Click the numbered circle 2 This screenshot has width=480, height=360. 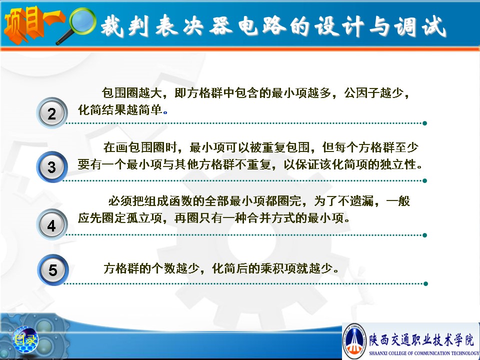(51, 113)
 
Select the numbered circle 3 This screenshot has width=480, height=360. (51, 167)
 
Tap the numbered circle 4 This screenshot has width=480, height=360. (51, 224)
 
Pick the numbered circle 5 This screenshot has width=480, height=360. (52, 269)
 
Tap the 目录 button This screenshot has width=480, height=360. (25, 339)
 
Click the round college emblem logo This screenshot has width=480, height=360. (354, 341)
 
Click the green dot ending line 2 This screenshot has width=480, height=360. (424, 123)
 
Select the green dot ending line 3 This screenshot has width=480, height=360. (424, 180)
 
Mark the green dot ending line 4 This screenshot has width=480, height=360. (424, 235)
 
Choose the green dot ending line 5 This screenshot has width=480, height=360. (425, 284)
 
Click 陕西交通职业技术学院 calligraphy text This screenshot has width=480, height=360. (421, 340)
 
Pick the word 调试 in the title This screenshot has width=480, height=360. (420, 26)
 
